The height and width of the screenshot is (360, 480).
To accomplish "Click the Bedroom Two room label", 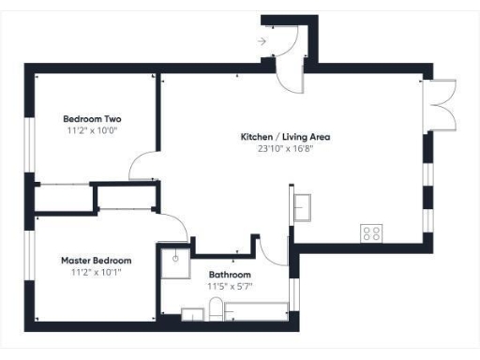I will (x=92, y=119).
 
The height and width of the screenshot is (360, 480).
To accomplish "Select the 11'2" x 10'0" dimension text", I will (x=92, y=132).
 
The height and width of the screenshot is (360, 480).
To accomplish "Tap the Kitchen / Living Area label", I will (x=286, y=137).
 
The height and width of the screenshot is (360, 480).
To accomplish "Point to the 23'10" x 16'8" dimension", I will (x=286, y=149).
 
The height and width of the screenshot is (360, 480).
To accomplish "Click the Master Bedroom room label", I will (x=97, y=260).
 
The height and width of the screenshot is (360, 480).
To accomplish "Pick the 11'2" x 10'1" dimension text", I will (x=97, y=272).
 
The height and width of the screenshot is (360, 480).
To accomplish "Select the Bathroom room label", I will (x=230, y=275).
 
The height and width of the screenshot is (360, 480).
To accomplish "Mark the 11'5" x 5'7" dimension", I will (x=230, y=286).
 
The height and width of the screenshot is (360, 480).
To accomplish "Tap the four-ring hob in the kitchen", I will (x=371, y=233).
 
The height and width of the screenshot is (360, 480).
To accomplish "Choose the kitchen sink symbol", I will (x=303, y=206).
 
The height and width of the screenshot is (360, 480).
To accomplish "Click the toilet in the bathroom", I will (x=216, y=309).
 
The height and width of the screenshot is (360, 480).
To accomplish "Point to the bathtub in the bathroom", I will (x=258, y=312).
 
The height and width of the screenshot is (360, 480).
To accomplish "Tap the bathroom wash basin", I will (x=192, y=313).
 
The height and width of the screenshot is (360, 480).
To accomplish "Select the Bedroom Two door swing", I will (x=143, y=167).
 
